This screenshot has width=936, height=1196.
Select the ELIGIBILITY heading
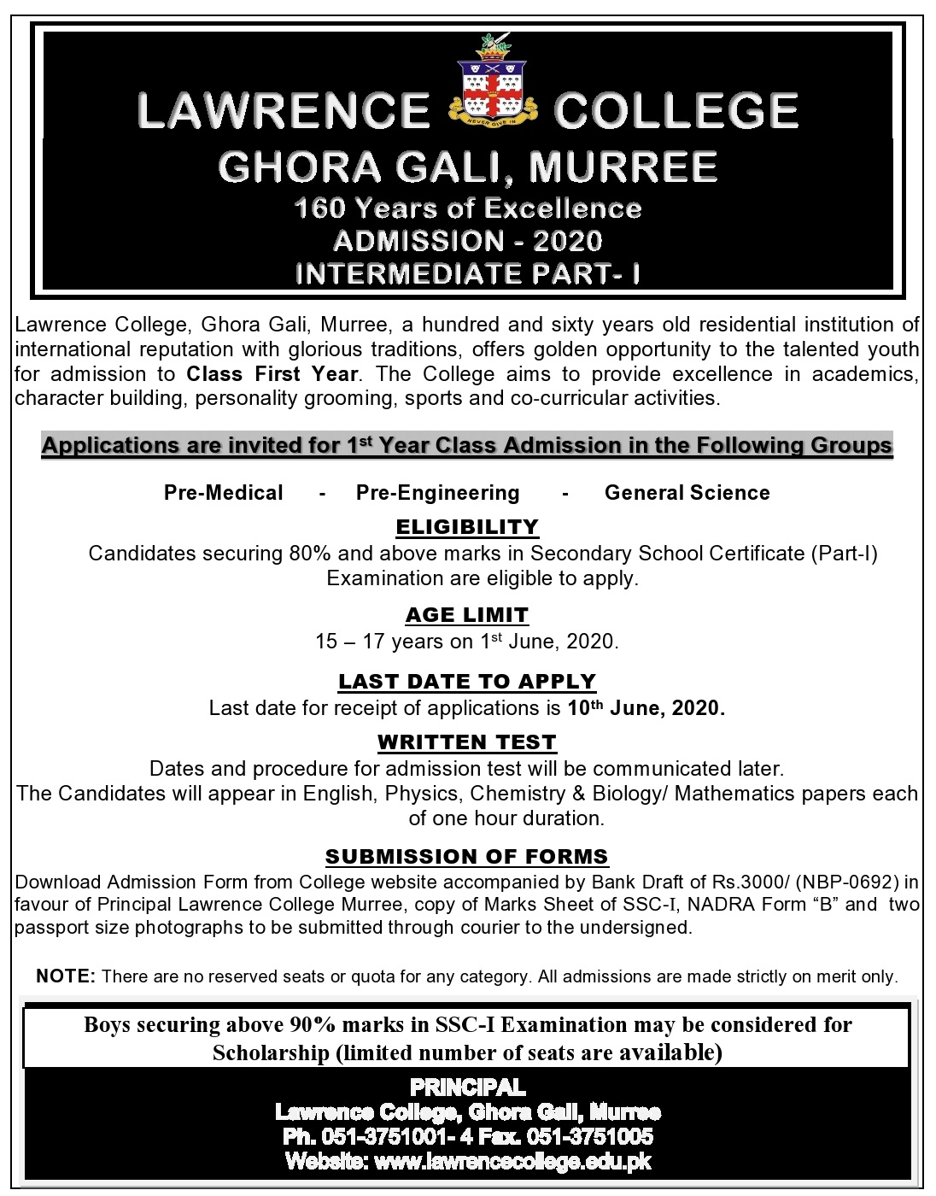coord(467,527)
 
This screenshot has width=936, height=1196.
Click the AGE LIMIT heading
coord(467,615)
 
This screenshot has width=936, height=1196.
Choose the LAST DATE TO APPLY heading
coord(467,682)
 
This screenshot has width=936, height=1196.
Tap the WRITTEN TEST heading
coord(467,742)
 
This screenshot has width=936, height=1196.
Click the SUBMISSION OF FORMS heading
coord(467,857)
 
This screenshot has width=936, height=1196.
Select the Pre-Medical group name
coord(224,493)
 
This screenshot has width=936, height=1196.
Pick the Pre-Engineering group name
coord(438,493)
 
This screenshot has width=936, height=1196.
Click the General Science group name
coord(687,493)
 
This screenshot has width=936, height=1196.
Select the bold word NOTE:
coord(66,976)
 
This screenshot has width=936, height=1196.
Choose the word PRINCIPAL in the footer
coord(468,1088)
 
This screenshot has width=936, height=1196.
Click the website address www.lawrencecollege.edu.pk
coord(512,1162)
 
